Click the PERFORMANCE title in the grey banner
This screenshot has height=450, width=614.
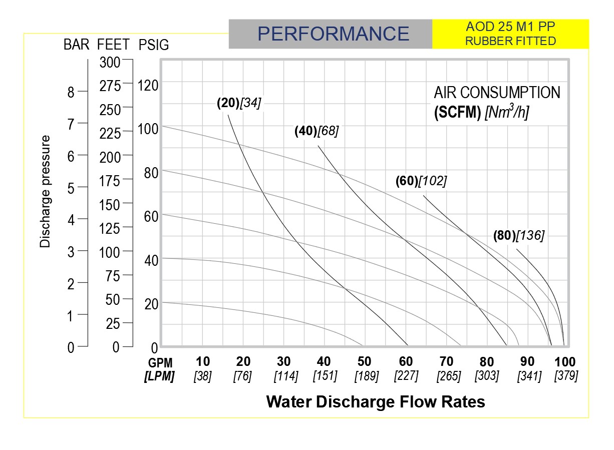coord(333,34)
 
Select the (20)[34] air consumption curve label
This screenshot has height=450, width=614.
coord(239,103)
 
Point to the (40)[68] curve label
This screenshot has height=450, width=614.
coord(317,131)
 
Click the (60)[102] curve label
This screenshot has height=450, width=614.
coord(421,181)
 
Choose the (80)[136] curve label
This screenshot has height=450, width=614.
coord(518,235)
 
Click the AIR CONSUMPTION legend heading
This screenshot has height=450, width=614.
coord(497,93)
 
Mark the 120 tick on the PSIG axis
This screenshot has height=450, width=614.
coord(148,86)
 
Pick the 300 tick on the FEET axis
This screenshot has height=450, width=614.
coord(110,63)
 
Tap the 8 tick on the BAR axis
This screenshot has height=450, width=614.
coord(71,92)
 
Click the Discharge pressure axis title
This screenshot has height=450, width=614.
coord(46,191)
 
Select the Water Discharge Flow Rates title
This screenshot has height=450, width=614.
coord(376,401)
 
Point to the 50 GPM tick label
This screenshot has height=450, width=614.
coord(364,362)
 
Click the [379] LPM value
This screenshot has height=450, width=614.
coord(566,375)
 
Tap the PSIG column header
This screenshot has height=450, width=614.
coord(154,45)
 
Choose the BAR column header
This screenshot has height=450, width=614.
coord(76,45)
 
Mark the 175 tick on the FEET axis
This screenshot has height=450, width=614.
coord(110,181)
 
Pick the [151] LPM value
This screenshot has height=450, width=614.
coord(325,375)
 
